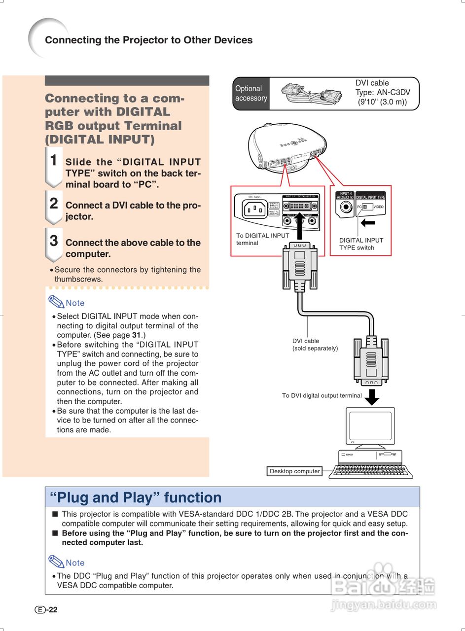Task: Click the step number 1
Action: coord(54,160)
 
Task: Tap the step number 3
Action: coord(54,241)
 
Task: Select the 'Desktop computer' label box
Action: coord(294,471)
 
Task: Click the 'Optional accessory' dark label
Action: coord(251,93)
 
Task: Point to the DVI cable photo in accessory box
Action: coord(311,93)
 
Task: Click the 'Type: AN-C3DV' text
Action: coord(383,92)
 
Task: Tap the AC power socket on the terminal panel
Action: coord(254,209)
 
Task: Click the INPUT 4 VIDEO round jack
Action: coord(345,207)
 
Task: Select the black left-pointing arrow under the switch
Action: coord(367,223)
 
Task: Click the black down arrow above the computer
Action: coord(372,397)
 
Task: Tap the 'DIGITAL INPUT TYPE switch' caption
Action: coord(361,244)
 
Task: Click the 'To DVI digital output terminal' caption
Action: coord(322,395)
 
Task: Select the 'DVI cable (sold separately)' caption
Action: coord(315,345)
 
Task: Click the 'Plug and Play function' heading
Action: coord(136,497)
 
